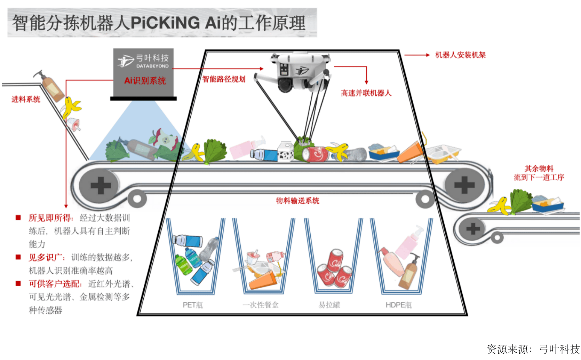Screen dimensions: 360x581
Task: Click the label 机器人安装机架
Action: tap(460, 55)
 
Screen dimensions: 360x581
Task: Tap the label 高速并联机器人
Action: tap(366, 93)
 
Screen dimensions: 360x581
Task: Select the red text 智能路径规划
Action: tap(224, 79)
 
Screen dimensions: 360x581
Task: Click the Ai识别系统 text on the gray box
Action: tap(145, 81)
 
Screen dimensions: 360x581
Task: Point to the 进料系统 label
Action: tap(26, 100)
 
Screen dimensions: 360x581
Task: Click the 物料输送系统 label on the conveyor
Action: tap(297, 201)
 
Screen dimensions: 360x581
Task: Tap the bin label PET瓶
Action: tap(193, 305)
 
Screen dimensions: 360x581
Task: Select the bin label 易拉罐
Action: tap(329, 305)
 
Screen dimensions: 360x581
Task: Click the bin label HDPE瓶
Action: tap(398, 305)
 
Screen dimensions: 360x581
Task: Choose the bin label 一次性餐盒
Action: tap(261, 305)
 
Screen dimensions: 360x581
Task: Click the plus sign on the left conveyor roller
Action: tap(101, 185)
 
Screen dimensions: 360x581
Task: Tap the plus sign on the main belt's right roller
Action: tap(464, 185)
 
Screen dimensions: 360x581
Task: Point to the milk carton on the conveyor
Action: tap(286, 152)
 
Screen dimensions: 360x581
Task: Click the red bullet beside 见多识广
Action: tap(18, 257)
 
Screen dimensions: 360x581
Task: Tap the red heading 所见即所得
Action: tap(50, 218)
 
